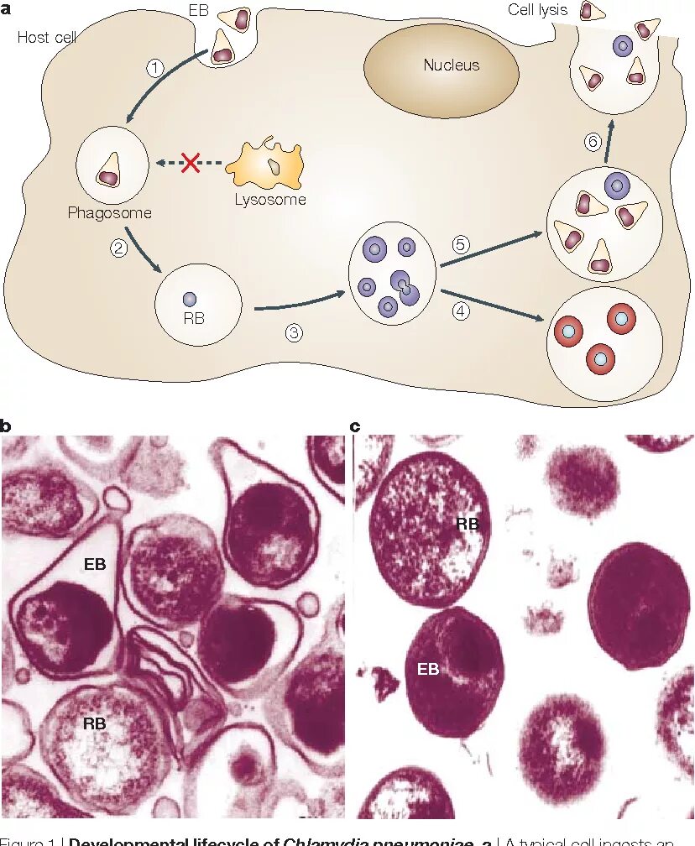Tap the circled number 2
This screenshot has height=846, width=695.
tap(118, 247)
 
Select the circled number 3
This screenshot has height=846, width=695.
tap(293, 332)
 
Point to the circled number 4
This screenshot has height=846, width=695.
tap(461, 311)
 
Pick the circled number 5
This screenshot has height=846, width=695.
tap(461, 245)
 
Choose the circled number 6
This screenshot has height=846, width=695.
tap(593, 142)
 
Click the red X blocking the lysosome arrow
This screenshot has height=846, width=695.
tap(191, 161)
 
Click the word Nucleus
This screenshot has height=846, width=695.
tap(451, 65)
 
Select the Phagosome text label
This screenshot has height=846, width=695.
tap(110, 213)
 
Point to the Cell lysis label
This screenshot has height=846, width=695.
tap(538, 11)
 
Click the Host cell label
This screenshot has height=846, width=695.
tap(47, 38)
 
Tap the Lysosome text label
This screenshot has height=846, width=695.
tap(269, 200)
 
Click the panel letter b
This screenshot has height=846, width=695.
tap(6, 426)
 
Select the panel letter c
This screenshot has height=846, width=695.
tap(355, 426)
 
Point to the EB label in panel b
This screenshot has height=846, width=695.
tap(95, 564)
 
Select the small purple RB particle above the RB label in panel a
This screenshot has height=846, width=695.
tap(190, 298)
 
